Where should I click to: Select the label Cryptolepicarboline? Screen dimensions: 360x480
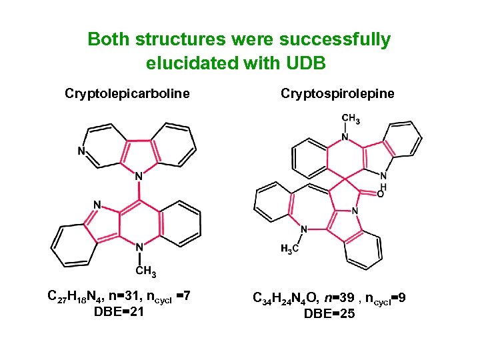pos(127,93)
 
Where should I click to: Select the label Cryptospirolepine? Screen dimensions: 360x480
pos(337,93)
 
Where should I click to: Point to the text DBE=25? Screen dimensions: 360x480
pos(329,313)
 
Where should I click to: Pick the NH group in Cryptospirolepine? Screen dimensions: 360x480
pos(383,179)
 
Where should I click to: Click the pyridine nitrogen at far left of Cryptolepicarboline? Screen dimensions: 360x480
pos(81,151)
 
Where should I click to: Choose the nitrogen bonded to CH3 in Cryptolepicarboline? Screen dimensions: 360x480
pos(139,247)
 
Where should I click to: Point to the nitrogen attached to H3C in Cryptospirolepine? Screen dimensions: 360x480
pos(304,230)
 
